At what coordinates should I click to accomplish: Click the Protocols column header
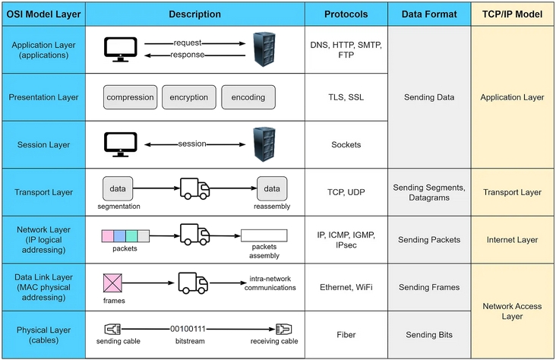tap(346, 14)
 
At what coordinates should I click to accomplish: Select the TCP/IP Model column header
tap(513, 14)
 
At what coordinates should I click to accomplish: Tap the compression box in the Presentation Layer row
tap(130, 97)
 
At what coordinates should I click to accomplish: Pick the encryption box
tap(189, 97)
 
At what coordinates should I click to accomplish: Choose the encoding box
tap(248, 97)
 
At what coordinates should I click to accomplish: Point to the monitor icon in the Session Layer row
tap(120, 144)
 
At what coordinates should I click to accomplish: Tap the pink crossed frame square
tap(112, 284)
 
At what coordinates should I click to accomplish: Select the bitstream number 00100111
tap(188, 330)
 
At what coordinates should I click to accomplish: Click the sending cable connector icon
tap(112, 330)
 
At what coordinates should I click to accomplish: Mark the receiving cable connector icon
tap(282, 330)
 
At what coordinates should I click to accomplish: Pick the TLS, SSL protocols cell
tap(346, 97)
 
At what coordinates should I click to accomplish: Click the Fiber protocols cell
tap(346, 334)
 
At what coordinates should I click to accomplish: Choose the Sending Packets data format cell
tap(429, 239)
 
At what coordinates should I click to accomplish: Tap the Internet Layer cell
tap(513, 239)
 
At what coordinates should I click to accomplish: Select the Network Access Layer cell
tap(513, 311)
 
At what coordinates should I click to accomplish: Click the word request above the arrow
tap(187, 43)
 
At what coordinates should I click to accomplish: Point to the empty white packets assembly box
tap(264, 235)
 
